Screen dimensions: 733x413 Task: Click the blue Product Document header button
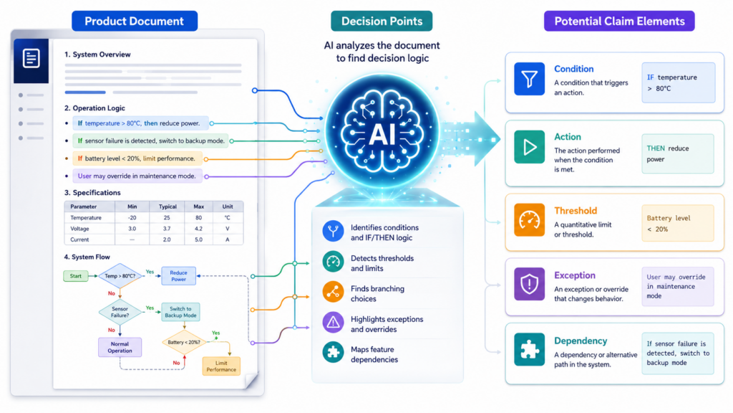(x=135, y=21)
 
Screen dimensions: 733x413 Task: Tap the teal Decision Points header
(x=382, y=21)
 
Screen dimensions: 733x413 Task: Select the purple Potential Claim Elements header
(x=619, y=21)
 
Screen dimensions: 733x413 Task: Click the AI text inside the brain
(x=382, y=135)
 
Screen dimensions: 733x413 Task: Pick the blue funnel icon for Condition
(x=529, y=79)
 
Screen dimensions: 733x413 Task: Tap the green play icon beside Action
(x=529, y=147)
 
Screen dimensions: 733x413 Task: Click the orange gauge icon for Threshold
(x=529, y=219)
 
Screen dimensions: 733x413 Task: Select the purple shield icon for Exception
(x=529, y=284)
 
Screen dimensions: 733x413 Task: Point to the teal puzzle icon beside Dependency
(x=529, y=349)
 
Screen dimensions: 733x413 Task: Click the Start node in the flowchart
(x=75, y=276)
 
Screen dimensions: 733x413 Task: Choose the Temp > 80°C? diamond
(x=120, y=276)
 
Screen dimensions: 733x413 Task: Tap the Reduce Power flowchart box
(x=178, y=276)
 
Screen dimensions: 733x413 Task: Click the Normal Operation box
(x=120, y=347)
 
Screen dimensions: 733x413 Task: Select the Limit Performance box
(x=221, y=366)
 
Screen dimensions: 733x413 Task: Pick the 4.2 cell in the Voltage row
(x=199, y=229)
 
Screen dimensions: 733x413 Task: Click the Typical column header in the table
(x=168, y=206)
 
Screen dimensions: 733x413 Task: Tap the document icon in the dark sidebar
(x=31, y=59)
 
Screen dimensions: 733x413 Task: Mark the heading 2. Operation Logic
(x=94, y=108)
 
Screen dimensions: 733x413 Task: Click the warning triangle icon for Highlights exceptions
(x=334, y=323)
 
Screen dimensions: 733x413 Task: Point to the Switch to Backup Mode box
(x=180, y=312)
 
